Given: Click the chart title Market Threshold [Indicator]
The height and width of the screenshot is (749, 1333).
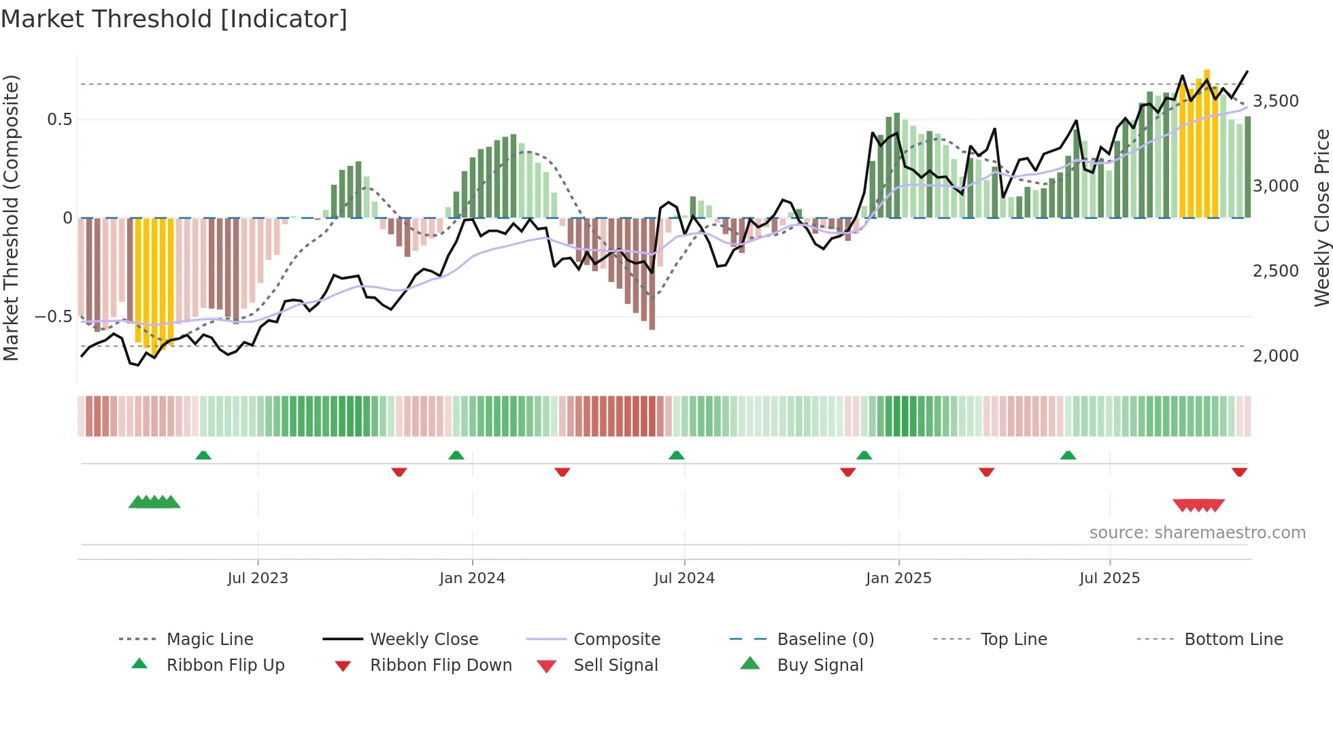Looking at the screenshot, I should [x=174, y=19].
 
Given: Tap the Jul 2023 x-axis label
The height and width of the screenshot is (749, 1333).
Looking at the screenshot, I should [x=258, y=578].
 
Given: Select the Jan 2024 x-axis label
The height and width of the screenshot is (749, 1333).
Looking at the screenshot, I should [x=472, y=578].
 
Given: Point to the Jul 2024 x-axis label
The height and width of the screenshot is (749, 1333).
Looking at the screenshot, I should [x=684, y=578].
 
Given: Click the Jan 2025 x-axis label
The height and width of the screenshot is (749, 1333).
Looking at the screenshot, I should [x=898, y=578].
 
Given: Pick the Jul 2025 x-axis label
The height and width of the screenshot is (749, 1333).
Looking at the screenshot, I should [x=1109, y=578].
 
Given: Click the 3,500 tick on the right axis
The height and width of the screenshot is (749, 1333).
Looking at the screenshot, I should [x=1275, y=101].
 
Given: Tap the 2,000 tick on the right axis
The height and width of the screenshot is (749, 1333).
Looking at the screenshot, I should [x=1275, y=356].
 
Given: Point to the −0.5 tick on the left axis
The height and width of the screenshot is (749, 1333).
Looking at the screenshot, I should [x=53, y=317].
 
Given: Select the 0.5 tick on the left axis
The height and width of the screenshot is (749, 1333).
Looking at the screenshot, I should [x=59, y=120].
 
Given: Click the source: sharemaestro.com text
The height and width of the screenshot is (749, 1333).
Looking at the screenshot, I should [x=1197, y=533].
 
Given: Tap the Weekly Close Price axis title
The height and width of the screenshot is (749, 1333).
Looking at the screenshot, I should [x=1321, y=217].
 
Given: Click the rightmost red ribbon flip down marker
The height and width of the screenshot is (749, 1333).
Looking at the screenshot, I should [x=1239, y=472].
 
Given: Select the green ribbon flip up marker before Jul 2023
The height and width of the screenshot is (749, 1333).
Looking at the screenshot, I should [x=203, y=455].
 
